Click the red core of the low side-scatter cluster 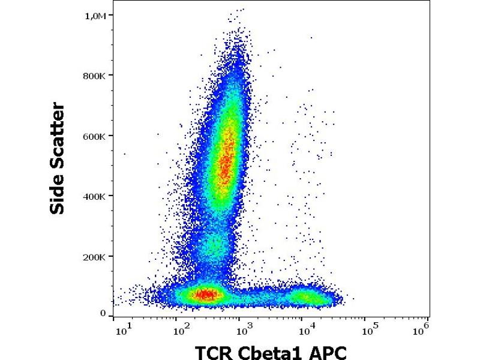(x=205, y=294)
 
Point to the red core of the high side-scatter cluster (x=225, y=165)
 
